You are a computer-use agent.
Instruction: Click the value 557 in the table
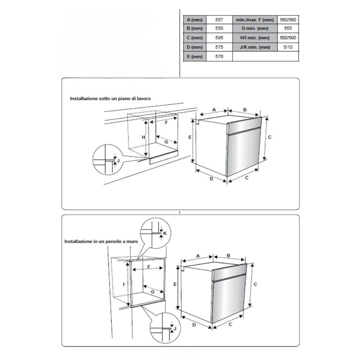(x=219, y=20)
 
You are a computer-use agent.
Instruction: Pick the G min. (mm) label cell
(x=255, y=29)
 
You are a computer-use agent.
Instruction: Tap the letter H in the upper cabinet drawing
(x=143, y=137)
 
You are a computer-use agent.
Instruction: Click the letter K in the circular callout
(x=165, y=233)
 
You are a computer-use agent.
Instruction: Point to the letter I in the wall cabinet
(x=123, y=284)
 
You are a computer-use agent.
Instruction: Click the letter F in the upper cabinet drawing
(x=166, y=122)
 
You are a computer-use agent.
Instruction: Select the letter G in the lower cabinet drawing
(x=152, y=291)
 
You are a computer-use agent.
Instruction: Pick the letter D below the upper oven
(x=212, y=179)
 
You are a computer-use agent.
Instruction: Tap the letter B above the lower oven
(x=229, y=256)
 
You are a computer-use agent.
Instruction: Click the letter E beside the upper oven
(x=189, y=137)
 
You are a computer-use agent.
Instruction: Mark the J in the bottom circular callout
(x=175, y=329)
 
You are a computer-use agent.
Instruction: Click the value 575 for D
(x=219, y=47)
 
